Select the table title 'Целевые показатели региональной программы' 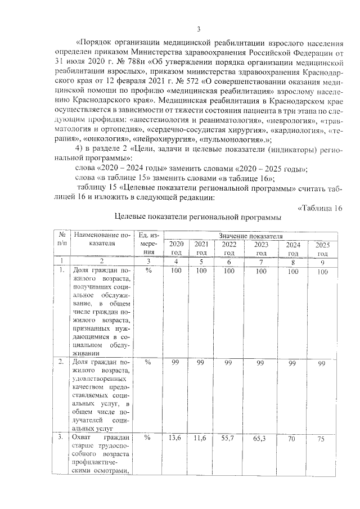(197, 217)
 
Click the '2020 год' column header (176, 248)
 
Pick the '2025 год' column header (322, 249)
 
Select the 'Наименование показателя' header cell (101, 238)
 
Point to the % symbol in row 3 (148, 437)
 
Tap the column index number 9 (321, 262)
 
